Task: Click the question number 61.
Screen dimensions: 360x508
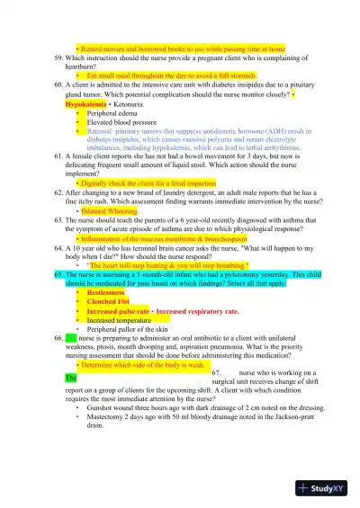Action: coord(58,156)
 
